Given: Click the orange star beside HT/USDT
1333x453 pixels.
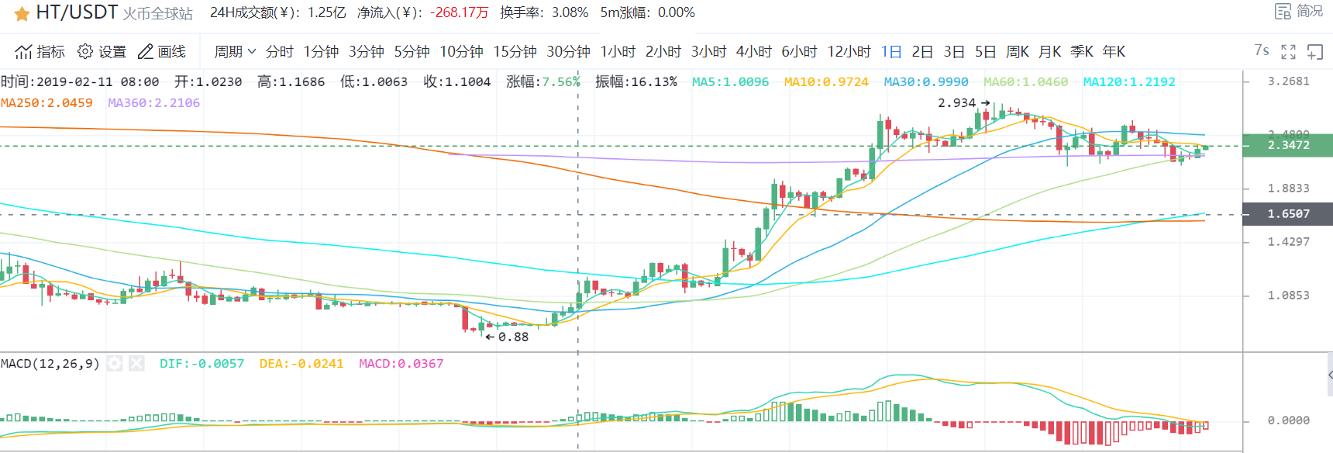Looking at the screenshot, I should tap(22, 14).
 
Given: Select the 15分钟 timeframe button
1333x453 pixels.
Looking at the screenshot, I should tap(515, 52).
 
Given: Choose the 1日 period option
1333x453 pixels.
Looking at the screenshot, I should tap(891, 52).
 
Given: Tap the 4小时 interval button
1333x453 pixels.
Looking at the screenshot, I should tap(753, 52).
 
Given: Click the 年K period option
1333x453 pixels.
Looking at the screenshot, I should tap(1114, 52).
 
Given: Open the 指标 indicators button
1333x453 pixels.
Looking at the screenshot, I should tap(40, 52).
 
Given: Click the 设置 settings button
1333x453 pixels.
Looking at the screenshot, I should tap(102, 52).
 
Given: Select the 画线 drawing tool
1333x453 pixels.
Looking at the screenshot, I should tap(162, 52).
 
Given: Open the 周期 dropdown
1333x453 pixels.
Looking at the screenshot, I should tap(235, 52).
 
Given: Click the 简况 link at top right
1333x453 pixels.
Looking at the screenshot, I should tap(1300, 12).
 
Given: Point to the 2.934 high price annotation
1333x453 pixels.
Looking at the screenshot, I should tap(957, 103).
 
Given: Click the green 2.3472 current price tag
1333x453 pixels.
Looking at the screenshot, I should tap(1288, 145).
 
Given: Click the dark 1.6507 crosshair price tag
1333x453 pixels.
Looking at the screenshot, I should tap(1288, 214).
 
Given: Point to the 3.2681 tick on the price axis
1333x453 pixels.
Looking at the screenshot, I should tap(1288, 81).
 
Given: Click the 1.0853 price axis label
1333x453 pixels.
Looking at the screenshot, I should tap(1288, 296).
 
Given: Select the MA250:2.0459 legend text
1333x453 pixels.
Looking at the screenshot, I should tap(46, 103).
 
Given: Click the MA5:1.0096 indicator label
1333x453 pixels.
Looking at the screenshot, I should tap(730, 82).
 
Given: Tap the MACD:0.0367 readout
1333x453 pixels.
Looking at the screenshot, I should tap(401, 364).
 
